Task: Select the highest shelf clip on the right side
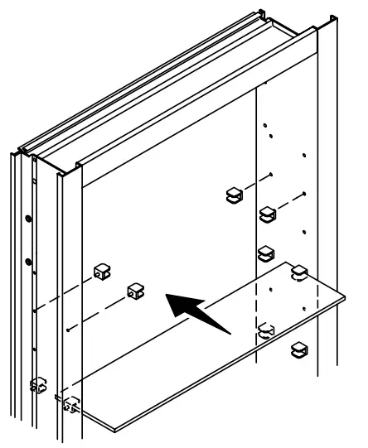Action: pyautogui.click(x=235, y=195)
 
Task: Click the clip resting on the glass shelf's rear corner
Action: pyautogui.click(x=299, y=272)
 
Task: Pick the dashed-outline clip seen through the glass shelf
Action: pyautogui.click(x=266, y=331)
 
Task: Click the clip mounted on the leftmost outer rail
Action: pyautogui.click(x=37, y=385)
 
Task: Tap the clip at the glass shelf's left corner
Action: pyautogui.click(x=70, y=405)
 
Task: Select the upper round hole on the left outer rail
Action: pyautogui.click(x=28, y=219)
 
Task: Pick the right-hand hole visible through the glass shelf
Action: pyautogui.click(x=305, y=308)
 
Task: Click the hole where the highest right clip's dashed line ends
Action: pyautogui.click(x=272, y=175)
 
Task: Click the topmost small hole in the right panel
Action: pyautogui.click(x=265, y=84)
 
